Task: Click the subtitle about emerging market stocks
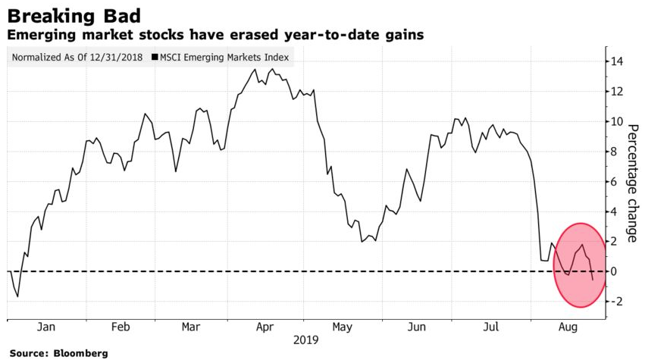[x=214, y=35]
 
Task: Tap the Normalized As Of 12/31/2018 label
[x=77, y=58]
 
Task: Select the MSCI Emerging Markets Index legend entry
[x=224, y=58]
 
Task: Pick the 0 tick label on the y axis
[x=621, y=271]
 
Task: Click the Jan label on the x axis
[x=45, y=327]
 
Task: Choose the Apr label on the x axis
[x=265, y=327]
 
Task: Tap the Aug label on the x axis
[x=567, y=327]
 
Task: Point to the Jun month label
[x=417, y=327]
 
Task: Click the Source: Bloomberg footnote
[x=58, y=353]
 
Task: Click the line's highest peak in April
[x=255, y=69]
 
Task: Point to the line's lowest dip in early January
[x=17, y=296]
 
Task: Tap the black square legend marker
[x=155, y=58]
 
